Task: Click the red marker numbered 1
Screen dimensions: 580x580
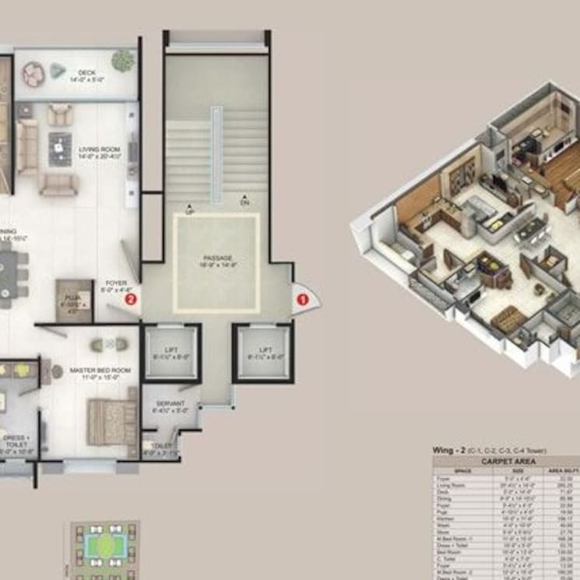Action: (304, 296)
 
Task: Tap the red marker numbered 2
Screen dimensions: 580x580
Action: (131, 297)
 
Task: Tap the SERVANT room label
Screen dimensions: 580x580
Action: (170, 404)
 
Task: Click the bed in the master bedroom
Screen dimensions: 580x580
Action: (111, 421)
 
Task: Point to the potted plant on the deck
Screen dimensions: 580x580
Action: (122, 60)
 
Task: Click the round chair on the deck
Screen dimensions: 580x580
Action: (33, 74)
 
